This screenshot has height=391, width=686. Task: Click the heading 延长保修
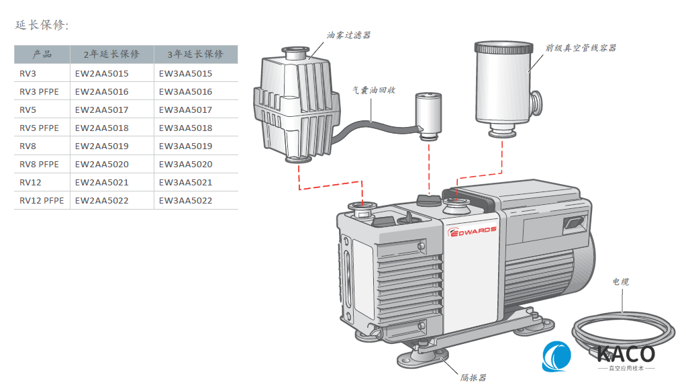point(42,26)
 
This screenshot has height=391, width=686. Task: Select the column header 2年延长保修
point(111,54)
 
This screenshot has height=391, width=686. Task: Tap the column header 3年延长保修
point(195,54)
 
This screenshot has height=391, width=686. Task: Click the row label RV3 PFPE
point(39,91)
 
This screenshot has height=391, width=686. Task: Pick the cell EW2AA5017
point(101,110)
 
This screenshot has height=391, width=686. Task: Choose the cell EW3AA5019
point(185,146)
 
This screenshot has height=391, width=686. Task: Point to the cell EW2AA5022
point(101,200)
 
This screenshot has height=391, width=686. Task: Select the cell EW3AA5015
point(185,73)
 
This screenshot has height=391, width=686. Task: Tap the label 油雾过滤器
point(349,35)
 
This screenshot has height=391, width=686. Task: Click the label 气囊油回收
point(374,89)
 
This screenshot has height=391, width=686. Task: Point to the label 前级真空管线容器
point(581,48)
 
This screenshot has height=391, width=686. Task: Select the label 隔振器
point(473,378)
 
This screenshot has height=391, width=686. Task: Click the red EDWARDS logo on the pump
point(472,230)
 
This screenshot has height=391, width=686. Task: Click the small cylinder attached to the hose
point(427,114)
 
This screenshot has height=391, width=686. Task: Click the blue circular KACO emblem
point(557,356)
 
